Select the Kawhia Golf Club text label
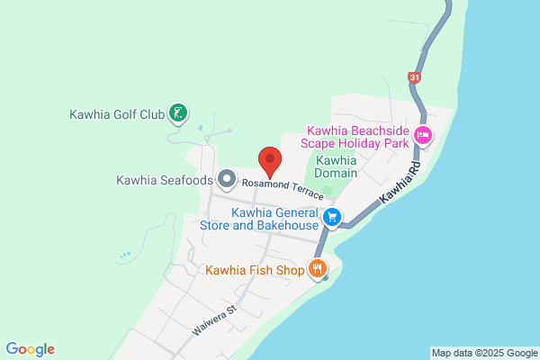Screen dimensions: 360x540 118,114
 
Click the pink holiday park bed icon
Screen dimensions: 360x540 423,138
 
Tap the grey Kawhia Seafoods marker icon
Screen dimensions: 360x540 226,179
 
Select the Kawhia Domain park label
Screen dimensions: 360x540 337,166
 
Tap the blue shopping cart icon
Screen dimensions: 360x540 332,217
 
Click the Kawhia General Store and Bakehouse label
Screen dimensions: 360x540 275,219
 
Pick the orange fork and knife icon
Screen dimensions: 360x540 317,268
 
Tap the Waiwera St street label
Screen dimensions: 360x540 213,319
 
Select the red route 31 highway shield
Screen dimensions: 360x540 413,78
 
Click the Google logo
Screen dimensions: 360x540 30,349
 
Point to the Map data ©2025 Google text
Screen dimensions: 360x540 483,352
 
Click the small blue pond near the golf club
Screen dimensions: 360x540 199,126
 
